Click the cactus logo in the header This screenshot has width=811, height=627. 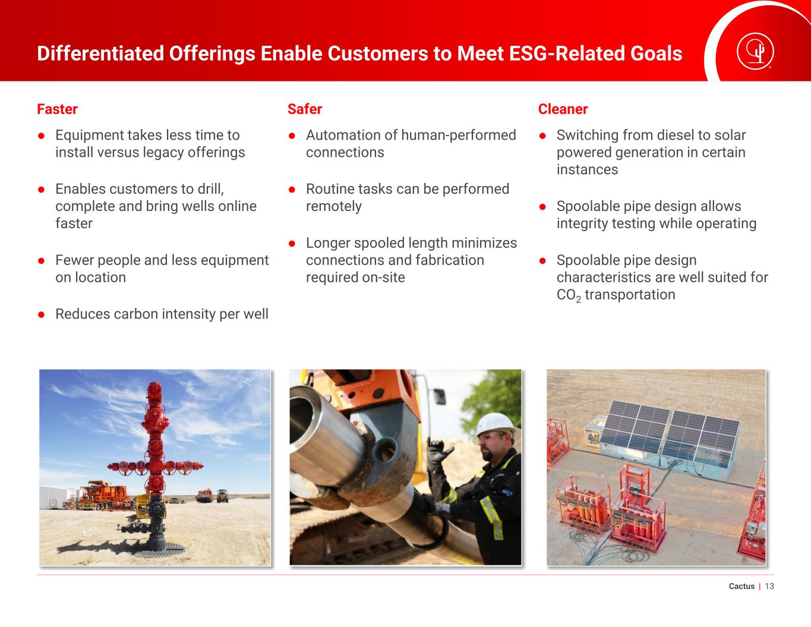pyautogui.click(x=755, y=52)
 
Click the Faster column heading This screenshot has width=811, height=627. pyautogui.click(x=57, y=109)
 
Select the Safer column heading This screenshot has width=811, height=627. pyautogui.click(x=305, y=109)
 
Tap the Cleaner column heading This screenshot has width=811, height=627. pyautogui.click(x=563, y=109)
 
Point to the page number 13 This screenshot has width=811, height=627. pyautogui.click(x=769, y=586)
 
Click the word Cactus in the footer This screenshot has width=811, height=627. pyautogui.click(x=741, y=586)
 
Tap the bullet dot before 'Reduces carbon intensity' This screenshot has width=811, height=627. pyautogui.click(x=42, y=314)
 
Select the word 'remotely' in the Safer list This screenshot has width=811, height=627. pyautogui.click(x=334, y=206)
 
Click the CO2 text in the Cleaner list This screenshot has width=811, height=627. pyautogui.click(x=569, y=295)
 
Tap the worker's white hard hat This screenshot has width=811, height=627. pyautogui.click(x=496, y=424)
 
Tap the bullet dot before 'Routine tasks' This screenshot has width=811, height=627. pyautogui.click(x=292, y=190)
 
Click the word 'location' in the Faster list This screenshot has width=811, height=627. pyautogui.click(x=100, y=278)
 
